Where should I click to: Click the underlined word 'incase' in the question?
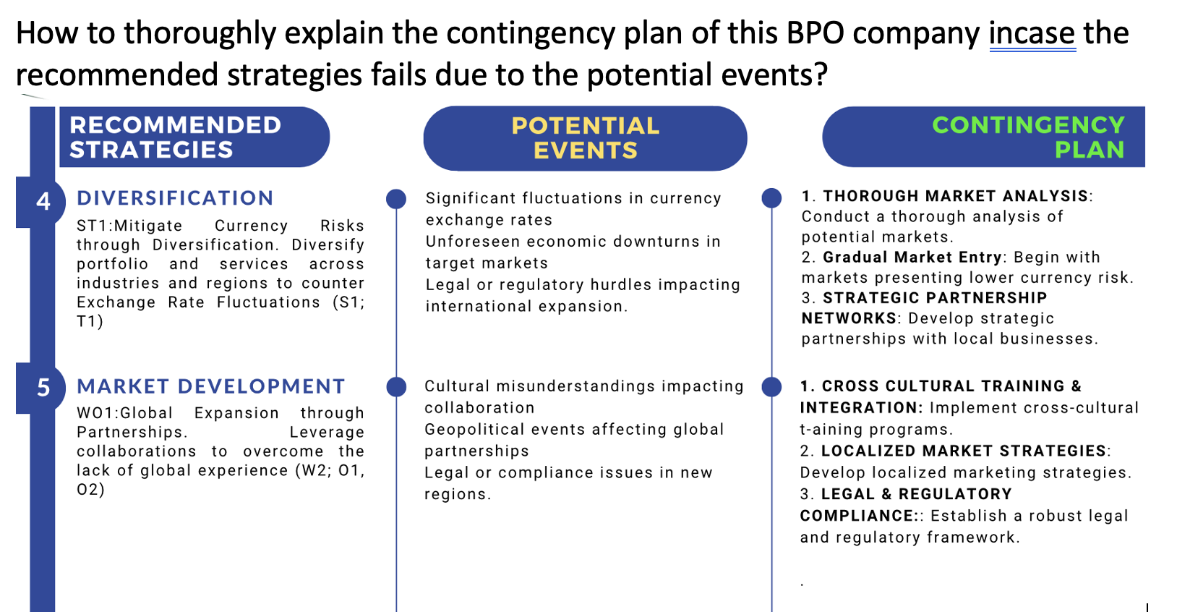[1032, 34]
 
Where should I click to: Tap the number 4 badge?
[43, 201]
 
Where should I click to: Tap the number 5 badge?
[43, 388]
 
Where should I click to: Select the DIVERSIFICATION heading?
[175, 198]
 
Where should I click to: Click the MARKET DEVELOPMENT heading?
[211, 386]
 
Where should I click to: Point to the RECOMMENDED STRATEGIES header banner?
[193, 137]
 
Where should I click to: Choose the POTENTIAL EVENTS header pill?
[585, 138]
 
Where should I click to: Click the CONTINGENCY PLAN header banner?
[983, 137]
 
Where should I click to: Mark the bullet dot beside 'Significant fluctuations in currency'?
[396, 199]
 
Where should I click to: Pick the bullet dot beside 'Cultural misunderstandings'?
[396, 387]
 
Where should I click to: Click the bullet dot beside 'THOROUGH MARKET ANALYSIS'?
[772, 197]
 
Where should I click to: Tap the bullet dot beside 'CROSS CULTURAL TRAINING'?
[772, 387]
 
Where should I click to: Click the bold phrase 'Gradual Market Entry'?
[912, 258]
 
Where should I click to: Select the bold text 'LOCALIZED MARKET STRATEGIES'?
[964, 451]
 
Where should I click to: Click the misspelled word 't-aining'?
[831, 430]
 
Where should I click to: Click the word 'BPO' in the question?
[815, 34]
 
